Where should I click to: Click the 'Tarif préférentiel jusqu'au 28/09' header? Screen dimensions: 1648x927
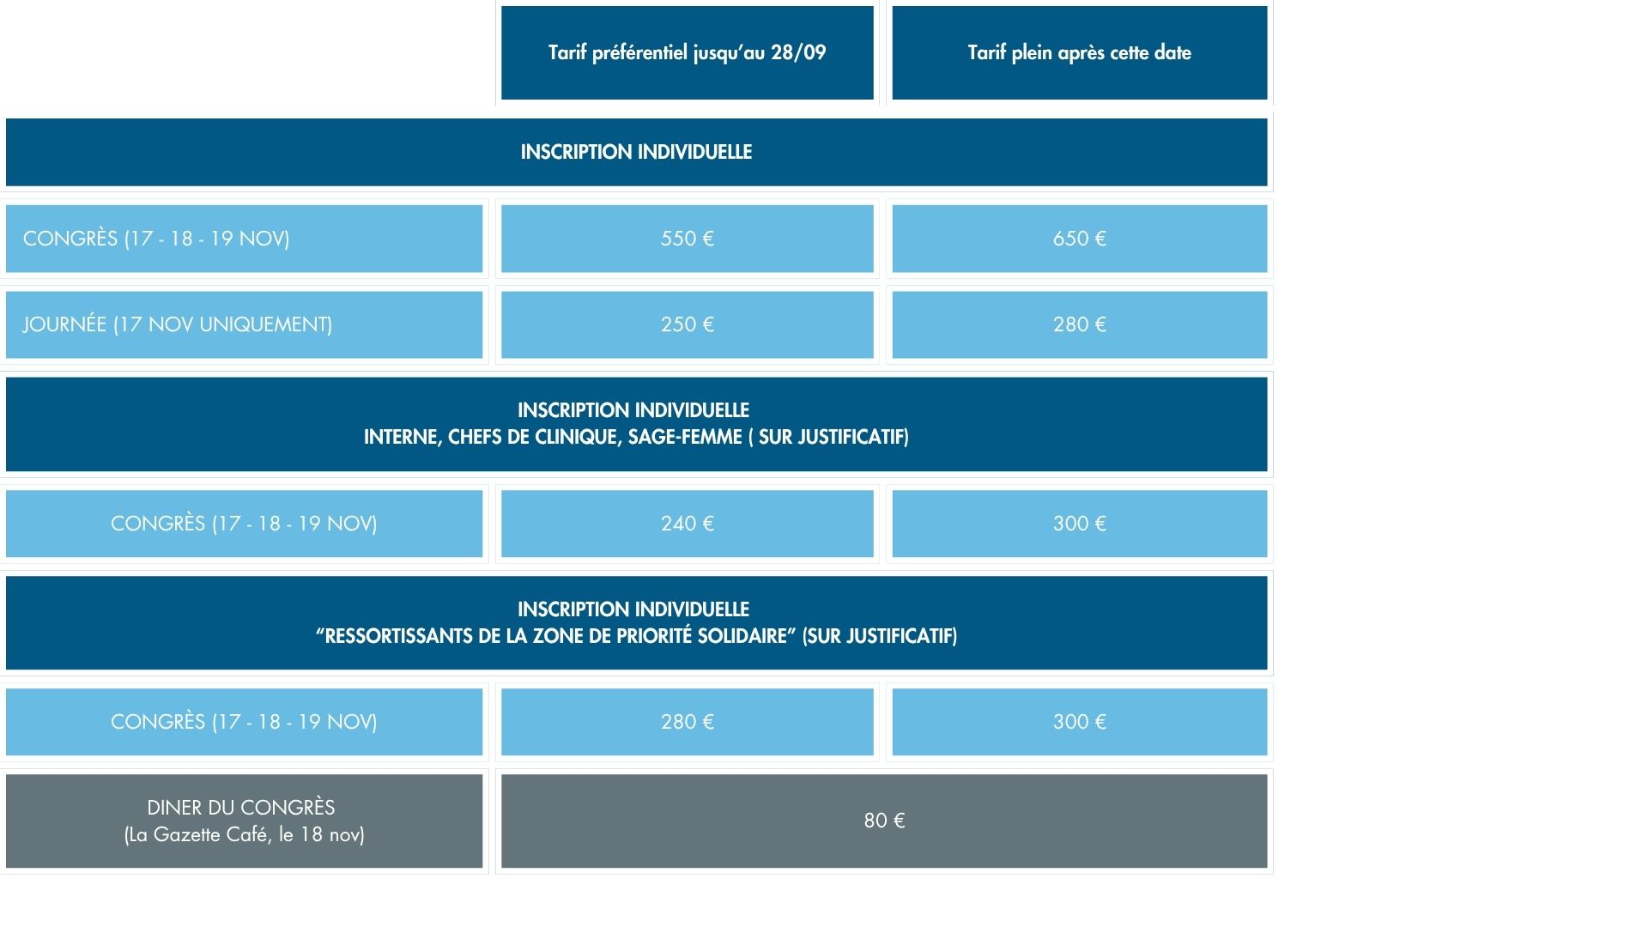point(687,52)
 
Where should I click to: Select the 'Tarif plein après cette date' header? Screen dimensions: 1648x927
point(1080,52)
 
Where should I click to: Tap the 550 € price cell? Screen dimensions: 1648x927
point(687,239)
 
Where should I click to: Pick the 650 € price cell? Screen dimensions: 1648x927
point(1080,239)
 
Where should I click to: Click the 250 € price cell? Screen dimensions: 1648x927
point(687,324)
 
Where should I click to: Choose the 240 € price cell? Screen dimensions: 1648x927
point(687,524)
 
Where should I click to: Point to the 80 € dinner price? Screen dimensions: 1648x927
point(884,821)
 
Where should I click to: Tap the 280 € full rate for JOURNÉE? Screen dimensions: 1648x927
point(1080,324)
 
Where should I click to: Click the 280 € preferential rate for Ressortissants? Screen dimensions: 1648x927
point(687,722)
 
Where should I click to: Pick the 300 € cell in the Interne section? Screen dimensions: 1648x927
point(1080,524)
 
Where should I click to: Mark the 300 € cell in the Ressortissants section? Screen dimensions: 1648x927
point(1080,722)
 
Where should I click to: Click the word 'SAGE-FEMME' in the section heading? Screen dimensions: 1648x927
point(685,437)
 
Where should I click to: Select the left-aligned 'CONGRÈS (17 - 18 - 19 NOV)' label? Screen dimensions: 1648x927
point(156,239)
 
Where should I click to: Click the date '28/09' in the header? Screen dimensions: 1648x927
point(798,52)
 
